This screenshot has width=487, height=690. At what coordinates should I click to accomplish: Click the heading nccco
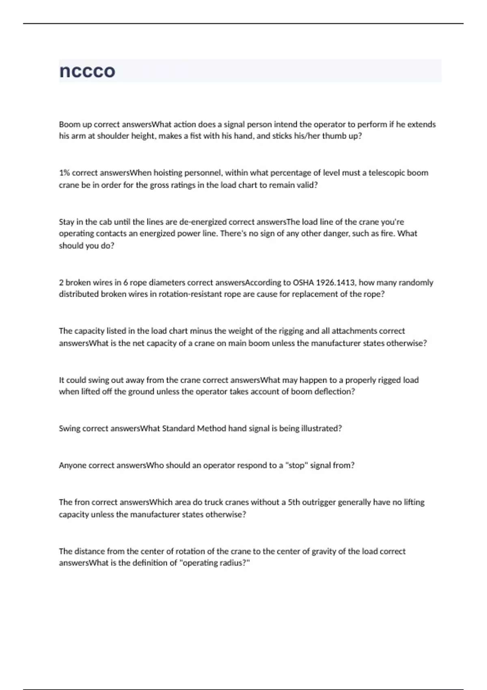[87, 71]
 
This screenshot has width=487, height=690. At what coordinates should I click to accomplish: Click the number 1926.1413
[335, 282]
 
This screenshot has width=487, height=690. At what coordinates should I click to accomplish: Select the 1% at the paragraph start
[65, 173]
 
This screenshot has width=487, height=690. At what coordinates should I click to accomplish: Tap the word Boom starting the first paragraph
[69, 125]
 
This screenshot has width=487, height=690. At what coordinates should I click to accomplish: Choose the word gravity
[323, 552]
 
